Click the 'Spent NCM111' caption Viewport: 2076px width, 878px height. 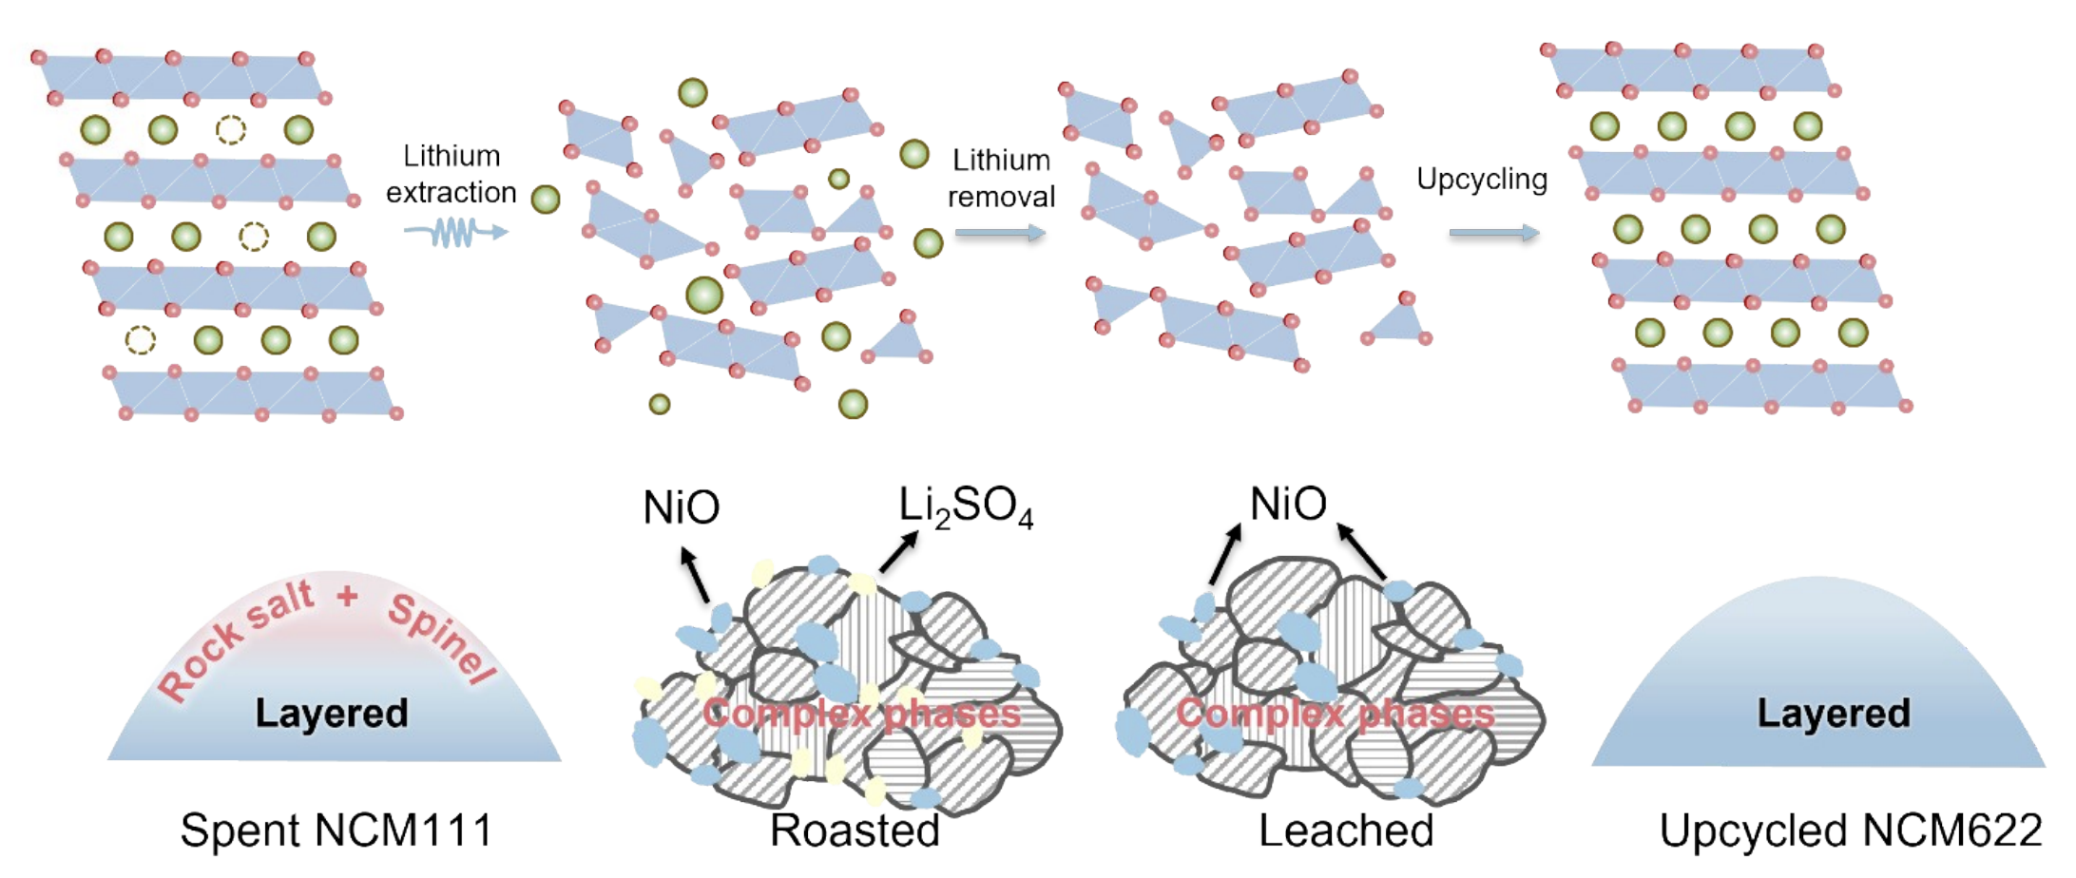(336, 830)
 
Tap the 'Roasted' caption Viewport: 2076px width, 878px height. (855, 830)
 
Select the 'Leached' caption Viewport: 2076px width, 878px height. (1346, 830)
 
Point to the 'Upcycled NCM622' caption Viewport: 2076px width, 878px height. (1850, 830)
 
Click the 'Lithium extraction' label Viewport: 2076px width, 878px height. (452, 174)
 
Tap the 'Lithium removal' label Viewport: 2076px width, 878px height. (1001, 178)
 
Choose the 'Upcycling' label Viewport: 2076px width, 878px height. (1482, 179)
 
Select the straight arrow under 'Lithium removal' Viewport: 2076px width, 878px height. (1000, 233)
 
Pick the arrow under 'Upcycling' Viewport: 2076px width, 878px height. (1493, 233)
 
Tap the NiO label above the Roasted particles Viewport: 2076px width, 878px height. (681, 507)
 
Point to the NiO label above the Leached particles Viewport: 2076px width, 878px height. (1288, 504)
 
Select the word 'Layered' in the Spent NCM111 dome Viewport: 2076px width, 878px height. (332, 713)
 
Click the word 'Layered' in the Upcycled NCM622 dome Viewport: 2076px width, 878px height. (1833, 713)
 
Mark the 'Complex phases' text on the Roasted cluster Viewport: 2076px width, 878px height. (861, 714)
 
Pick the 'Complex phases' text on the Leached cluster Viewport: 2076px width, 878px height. (1335, 714)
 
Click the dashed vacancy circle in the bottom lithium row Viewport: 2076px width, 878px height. (141, 339)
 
